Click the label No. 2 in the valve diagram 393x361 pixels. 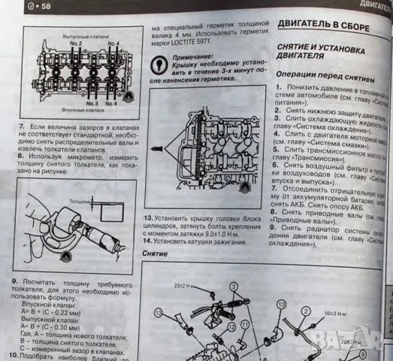76,44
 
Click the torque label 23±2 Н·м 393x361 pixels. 183,287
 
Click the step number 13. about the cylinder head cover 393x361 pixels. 149,217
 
